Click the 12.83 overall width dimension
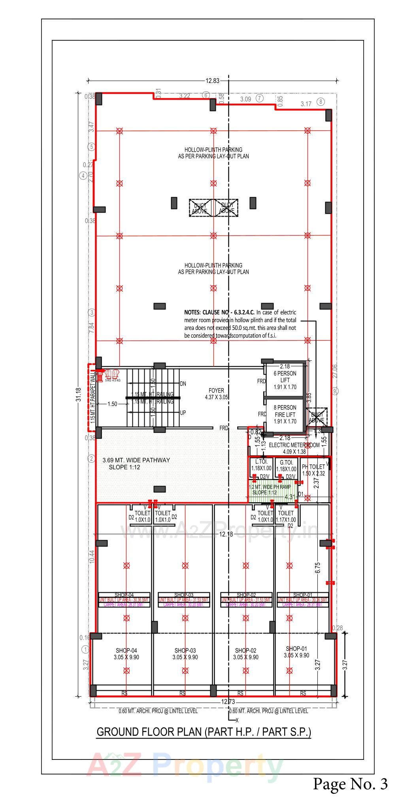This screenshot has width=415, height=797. [212, 81]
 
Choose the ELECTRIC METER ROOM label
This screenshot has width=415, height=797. [294, 448]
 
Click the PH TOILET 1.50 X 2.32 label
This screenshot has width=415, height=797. [314, 470]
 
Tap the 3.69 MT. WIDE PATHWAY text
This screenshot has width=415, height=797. [136, 460]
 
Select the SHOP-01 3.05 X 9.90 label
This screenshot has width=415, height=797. [296, 652]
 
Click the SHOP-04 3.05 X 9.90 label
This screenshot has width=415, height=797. [126, 654]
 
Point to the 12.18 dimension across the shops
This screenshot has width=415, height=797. [226, 534]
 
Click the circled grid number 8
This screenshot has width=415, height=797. [321, 102]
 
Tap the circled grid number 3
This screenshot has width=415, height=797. [92, 313]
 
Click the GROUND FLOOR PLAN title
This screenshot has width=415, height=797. [204, 732]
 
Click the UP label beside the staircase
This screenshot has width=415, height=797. [183, 413]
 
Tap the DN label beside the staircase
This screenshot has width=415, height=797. [183, 384]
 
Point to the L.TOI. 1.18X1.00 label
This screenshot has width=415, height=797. [261, 465]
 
